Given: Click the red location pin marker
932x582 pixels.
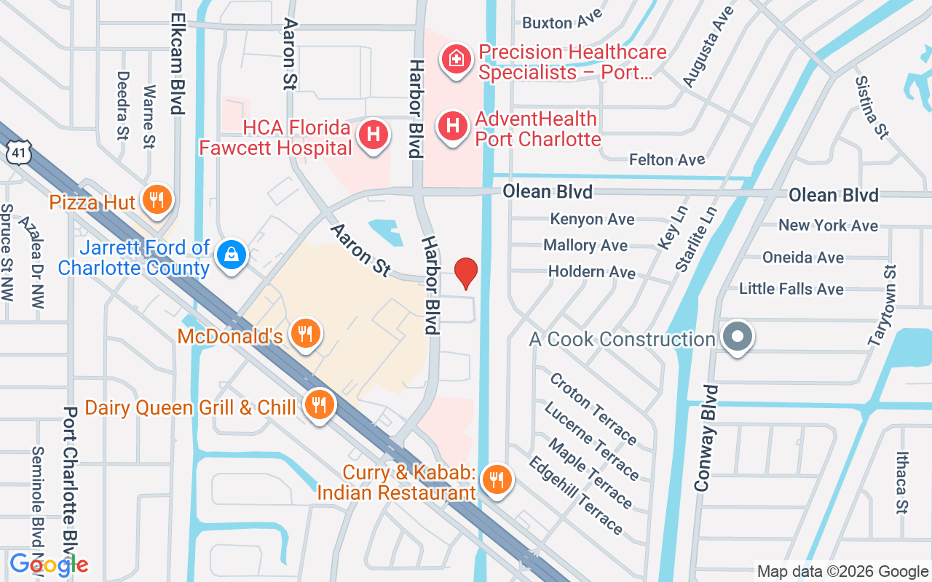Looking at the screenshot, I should point(466,273).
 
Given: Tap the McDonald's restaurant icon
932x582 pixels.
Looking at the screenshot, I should point(306,333).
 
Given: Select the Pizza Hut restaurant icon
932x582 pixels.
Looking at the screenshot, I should point(157,199).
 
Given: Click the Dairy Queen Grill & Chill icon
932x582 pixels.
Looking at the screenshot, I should point(319,404).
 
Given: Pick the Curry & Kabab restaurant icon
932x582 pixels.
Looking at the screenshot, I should point(497,479).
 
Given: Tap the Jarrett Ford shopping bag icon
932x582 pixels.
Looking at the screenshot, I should point(232,253).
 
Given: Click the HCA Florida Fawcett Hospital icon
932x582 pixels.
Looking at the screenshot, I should point(374,134).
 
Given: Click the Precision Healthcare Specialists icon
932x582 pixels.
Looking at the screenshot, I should point(457,58).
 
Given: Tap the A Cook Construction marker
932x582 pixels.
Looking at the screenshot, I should point(738,337).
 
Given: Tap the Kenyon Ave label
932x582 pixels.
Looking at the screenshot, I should point(592,219).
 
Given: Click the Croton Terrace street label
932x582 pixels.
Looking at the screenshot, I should point(593,408).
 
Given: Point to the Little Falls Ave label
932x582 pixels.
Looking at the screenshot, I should point(791,289).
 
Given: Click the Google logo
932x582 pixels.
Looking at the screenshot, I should point(49,564).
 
